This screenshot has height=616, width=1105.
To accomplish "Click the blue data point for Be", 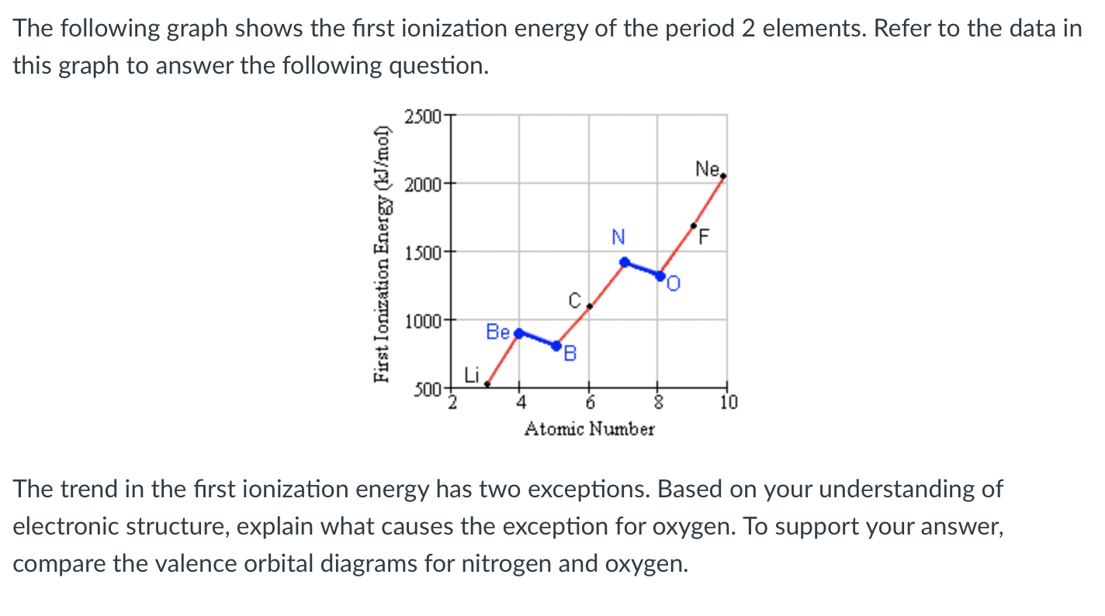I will tap(519, 332).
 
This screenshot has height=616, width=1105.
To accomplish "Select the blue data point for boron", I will tap(556, 345).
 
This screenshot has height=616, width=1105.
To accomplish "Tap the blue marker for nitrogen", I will tap(624, 261).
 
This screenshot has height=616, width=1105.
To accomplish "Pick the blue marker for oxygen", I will tap(660, 275).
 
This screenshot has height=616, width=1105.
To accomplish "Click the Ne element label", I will tap(708, 168).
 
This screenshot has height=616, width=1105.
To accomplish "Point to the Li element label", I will tap(472, 375).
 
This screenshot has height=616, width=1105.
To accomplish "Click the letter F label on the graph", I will tap(704, 237).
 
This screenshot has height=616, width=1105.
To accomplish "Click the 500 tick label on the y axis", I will tap(426, 388).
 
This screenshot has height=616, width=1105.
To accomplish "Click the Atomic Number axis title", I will tap(589, 428).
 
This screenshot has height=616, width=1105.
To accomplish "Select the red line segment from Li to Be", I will tap(503, 358).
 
